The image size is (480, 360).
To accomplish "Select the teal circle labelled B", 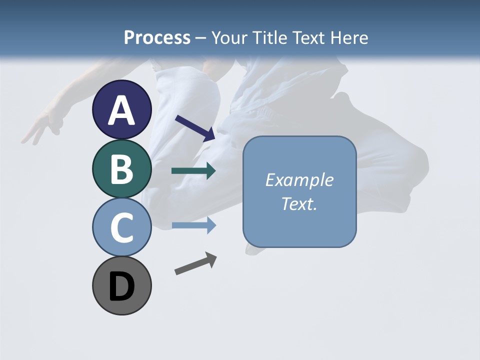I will pos(121,168).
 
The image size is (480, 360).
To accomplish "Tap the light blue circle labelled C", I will pos(121,227).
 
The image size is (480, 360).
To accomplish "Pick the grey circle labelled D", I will pos(121,285).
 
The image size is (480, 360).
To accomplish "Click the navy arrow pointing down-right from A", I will pos(195,127).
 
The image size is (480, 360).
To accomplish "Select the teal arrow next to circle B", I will pos(193,171).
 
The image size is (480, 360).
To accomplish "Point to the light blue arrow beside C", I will pos(193,225).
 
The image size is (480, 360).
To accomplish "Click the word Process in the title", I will pos(157,37).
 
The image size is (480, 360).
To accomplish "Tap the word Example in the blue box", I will pos(299,180).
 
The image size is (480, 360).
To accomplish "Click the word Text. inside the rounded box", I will pos(299,203).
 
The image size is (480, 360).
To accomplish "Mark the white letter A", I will pos(121,110).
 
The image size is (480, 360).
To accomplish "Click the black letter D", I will pos(121,287).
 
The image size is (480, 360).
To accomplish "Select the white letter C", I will pos(121,227).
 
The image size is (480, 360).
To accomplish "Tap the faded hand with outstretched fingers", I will pos(40,127).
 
